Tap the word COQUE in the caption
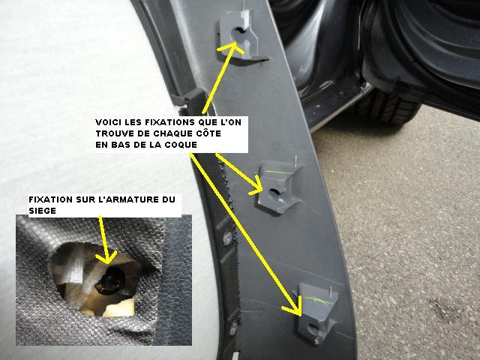[x=181, y=145]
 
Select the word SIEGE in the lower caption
[x=42, y=211]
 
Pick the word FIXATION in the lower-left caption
[x=50, y=199]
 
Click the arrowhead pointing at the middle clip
[x=256, y=187]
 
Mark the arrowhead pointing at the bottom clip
[x=295, y=306]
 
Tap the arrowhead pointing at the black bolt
[x=106, y=257]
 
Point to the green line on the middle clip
[x=278, y=172]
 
